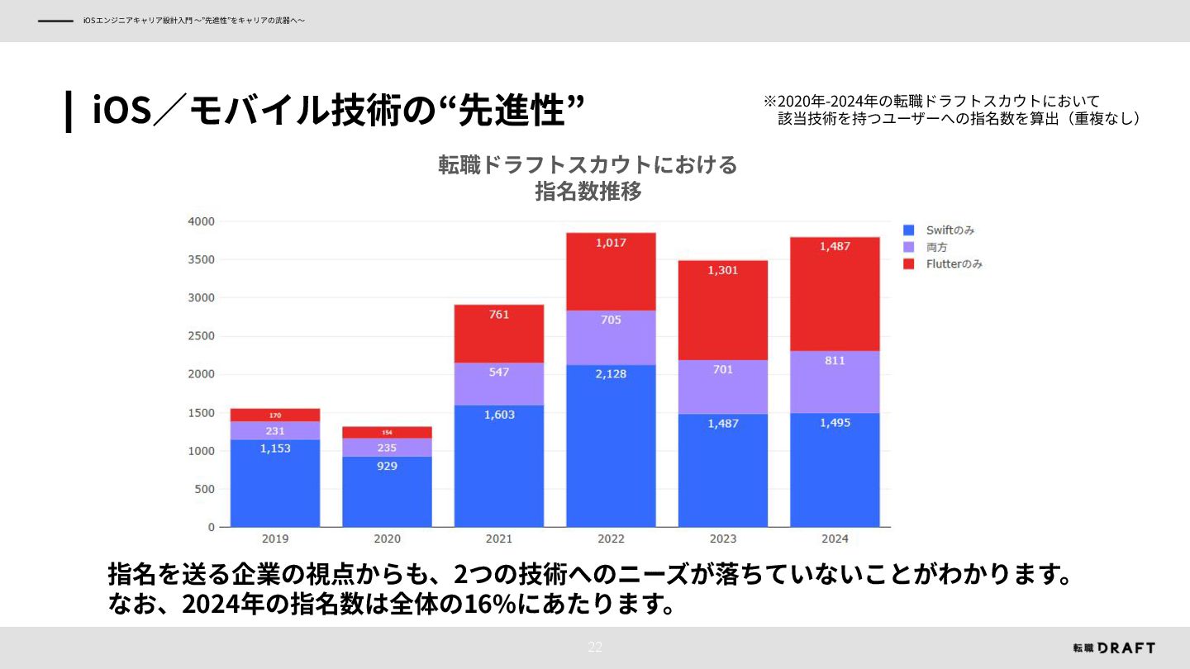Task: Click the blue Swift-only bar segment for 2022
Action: (611, 446)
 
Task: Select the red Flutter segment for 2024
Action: (835, 294)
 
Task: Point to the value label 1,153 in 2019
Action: (275, 448)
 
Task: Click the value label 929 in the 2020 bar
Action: (387, 466)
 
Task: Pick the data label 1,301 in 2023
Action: (723, 270)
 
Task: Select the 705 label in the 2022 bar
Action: (611, 320)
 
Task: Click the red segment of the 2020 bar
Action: (387, 432)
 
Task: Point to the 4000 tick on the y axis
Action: (202, 221)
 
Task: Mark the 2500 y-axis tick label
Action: (202, 336)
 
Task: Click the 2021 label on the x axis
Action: (499, 539)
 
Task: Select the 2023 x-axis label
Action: (723, 539)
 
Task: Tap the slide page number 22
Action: (595, 647)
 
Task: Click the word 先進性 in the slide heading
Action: (512, 110)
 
